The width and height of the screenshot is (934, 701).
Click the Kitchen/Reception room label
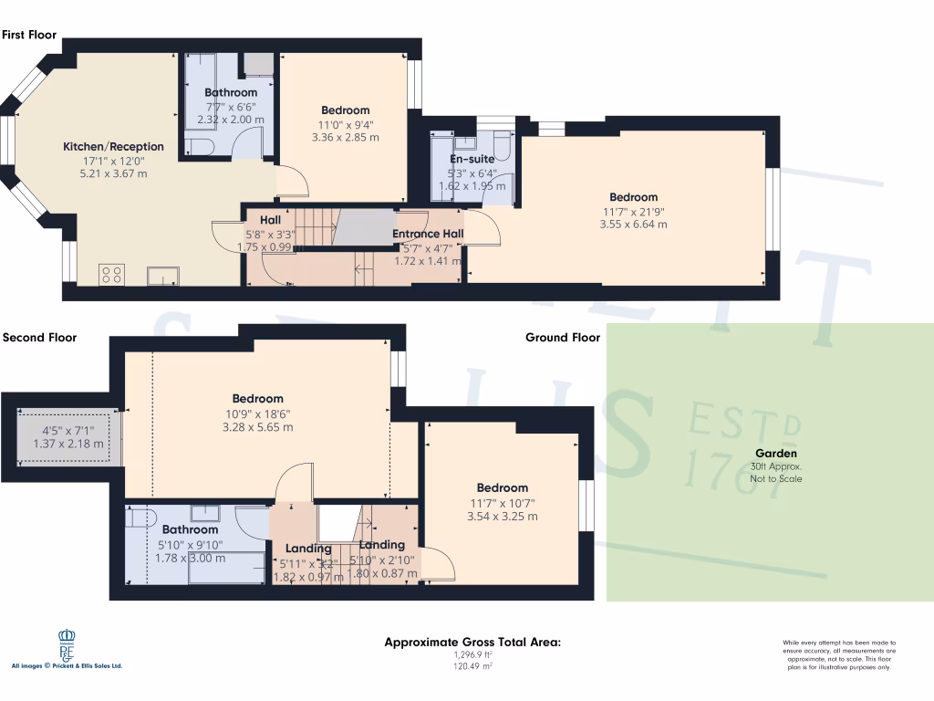[x=113, y=146]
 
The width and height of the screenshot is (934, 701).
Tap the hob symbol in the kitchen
[x=111, y=274]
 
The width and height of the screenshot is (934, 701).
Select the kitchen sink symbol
[x=164, y=274]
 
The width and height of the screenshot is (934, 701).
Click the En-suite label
[x=472, y=159]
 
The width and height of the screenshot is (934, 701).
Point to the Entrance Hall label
[x=428, y=234]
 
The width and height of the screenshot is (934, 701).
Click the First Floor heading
[x=29, y=35]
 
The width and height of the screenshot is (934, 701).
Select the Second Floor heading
[x=40, y=337]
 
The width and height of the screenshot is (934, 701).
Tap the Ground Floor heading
[x=563, y=337]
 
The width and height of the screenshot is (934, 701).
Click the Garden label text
[x=775, y=454]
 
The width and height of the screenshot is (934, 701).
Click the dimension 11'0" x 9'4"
[x=345, y=125]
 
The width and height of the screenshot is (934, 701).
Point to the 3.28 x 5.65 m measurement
[x=257, y=426]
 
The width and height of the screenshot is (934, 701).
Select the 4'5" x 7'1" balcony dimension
[x=67, y=432]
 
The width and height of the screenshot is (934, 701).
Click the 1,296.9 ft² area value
[x=472, y=654]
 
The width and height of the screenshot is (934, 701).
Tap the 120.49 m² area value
[x=472, y=666]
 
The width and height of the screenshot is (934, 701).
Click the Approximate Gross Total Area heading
[x=472, y=643]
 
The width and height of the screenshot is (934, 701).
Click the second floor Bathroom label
[x=190, y=529]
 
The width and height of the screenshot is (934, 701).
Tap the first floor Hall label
[x=270, y=220]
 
